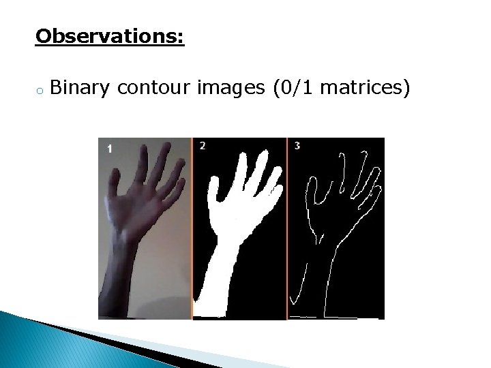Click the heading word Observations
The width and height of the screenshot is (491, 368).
pyautogui.click(x=109, y=35)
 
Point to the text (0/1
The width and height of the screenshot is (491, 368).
pyautogui.click(x=294, y=88)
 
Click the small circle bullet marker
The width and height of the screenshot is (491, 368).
pyautogui.click(x=41, y=90)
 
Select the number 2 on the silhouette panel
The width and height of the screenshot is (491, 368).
pyautogui.click(x=203, y=145)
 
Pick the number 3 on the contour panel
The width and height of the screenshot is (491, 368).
pyautogui.click(x=297, y=145)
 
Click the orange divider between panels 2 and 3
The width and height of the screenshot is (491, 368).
pyautogui.click(x=287, y=228)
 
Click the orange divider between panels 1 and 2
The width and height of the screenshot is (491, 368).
pyautogui.click(x=192, y=228)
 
